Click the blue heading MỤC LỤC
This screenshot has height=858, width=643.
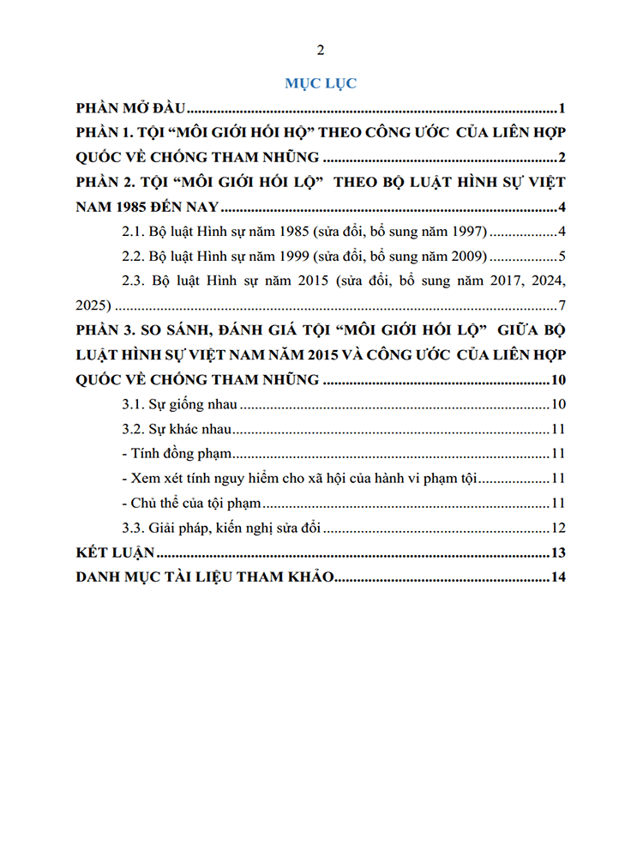[321, 83]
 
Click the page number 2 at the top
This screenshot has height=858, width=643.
[321, 49]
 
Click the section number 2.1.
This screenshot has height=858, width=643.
[135, 232]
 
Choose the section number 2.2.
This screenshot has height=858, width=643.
[135, 257]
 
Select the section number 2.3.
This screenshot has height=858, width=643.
[135, 281]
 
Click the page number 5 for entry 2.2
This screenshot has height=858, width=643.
[561, 257]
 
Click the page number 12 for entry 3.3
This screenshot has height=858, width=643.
[557, 529]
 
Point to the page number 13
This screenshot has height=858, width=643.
[557, 553]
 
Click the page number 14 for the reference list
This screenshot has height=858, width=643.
[557, 577]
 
